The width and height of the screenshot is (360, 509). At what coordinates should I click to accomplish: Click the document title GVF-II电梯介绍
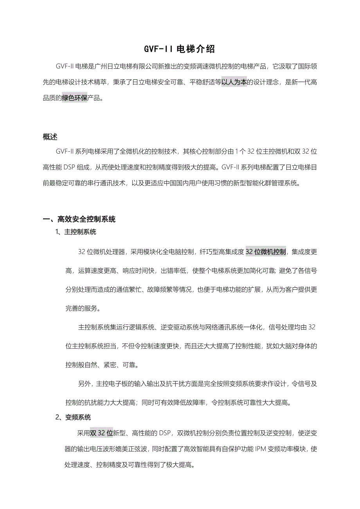(180, 49)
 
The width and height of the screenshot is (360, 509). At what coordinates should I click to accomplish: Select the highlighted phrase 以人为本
(234, 82)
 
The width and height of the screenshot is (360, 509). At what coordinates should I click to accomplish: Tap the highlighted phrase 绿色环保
(75, 98)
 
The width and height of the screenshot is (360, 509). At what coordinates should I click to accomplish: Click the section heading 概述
(50, 137)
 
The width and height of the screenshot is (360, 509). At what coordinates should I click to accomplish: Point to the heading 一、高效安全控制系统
(79, 219)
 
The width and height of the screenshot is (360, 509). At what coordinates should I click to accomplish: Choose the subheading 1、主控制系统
(76, 232)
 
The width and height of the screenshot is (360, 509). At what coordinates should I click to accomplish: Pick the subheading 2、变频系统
(73, 417)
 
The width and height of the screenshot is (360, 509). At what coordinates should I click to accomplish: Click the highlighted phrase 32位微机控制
(266, 251)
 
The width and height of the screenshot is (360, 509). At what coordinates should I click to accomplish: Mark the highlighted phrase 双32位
(101, 433)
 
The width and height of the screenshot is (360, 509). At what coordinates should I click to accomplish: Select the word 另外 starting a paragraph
(85, 384)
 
